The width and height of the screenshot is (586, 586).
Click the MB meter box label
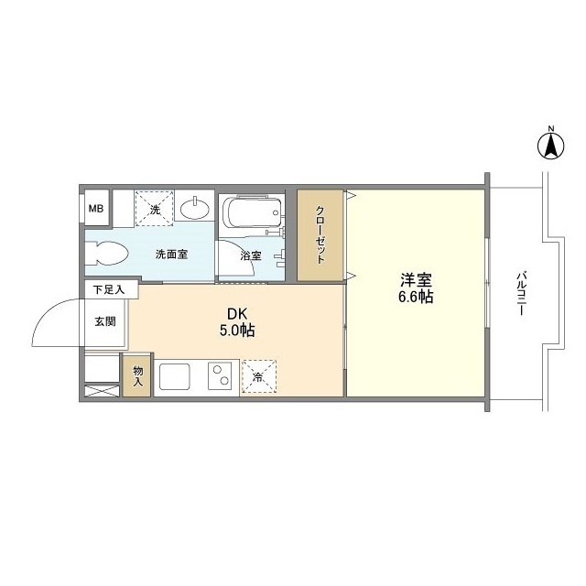click(x=95, y=209)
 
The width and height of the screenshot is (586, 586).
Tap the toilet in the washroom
click(x=107, y=254)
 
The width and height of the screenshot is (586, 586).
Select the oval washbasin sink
click(x=195, y=209)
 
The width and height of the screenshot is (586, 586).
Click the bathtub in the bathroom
click(x=253, y=212)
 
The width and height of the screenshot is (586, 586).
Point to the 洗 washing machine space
click(x=155, y=209)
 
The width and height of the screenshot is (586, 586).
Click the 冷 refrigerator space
click(x=259, y=376)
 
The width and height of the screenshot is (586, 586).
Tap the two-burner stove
click(x=220, y=374)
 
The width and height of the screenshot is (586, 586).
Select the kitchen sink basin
click(x=175, y=376)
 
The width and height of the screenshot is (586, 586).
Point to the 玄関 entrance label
click(x=105, y=321)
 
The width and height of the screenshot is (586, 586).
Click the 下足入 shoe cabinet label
click(x=108, y=290)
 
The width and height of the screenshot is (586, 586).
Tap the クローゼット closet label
click(x=320, y=234)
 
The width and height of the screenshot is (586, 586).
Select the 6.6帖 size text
click(x=416, y=297)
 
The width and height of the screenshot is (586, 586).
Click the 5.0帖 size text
click(x=237, y=331)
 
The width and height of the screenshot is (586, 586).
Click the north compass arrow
click(x=551, y=146)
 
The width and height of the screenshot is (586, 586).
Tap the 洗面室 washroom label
click(x=171, y=255)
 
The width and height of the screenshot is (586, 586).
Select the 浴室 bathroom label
click(x=251, y=256)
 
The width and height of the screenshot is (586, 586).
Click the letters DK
click(x=237, y=314)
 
